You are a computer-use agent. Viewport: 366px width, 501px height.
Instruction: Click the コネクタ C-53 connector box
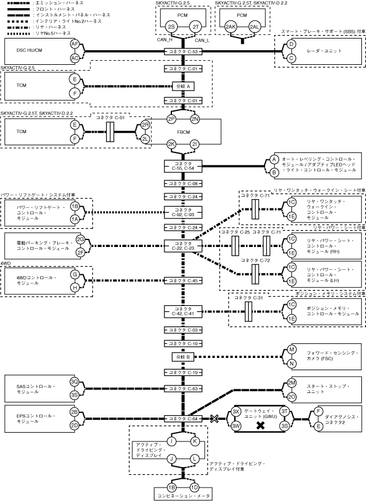click(x=183, y=51)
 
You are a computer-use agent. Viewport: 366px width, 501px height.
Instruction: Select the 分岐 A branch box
click(x=183, y=86)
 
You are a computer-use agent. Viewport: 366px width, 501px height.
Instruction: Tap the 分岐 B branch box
click(x=183, y=357)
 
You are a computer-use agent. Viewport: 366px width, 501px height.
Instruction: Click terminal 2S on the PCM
click(x=171, y=27)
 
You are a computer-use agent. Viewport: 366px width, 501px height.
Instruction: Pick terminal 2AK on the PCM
click(x=231, y=27)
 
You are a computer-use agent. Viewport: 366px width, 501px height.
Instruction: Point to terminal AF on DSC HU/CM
click(x=75, y=44)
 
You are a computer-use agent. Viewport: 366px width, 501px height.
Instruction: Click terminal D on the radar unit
click(x=291, y=44)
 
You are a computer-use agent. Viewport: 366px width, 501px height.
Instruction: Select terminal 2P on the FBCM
click(x=171, y=119)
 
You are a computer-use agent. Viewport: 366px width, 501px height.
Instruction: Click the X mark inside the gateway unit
click(x=261, y=425)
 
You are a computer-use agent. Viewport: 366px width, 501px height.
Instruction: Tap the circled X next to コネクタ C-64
click(x=214, y=418)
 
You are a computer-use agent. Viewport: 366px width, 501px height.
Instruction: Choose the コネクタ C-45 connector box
click(x=183, y=280)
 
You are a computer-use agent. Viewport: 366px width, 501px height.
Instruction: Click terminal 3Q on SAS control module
click(x=74, y=382)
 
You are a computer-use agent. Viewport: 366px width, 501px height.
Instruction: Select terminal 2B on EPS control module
click(x=74, y=412)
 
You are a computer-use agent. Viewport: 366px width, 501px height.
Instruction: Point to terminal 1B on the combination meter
click(x=171, y=487)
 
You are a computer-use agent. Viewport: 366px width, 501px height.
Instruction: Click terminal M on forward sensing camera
click(x=291, y=350)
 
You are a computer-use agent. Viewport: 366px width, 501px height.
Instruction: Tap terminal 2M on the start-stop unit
click(x=291, y=383)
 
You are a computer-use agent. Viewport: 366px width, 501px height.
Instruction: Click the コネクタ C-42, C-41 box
click(x=183, y=311)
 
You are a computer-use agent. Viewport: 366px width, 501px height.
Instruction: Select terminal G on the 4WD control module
click(x=75, y=274)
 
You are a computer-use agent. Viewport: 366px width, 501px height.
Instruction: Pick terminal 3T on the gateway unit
click(x=284, y=412)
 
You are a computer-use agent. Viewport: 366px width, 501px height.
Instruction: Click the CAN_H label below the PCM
click(x=165, y=40)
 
